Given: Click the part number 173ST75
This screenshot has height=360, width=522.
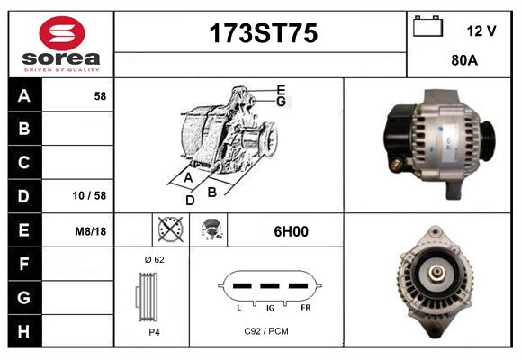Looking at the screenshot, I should pyautogui.click(x=263, y=33).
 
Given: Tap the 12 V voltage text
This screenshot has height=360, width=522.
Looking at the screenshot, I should pyautogui.click(x=481, y=31).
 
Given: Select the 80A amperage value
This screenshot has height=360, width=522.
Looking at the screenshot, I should pyautogui.click(x=463, y=62).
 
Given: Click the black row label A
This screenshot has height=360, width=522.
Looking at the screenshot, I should pyautogui.click(x=24, y=95).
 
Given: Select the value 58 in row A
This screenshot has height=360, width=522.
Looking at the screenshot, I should pyautogui.click(x=100, y=95).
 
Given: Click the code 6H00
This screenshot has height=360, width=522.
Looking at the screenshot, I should pyautogui.click(x=291, y=231).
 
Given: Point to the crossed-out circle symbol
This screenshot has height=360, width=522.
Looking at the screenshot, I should pyautogui.click(x=169, y=230).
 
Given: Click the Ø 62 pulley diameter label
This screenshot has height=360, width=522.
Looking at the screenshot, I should pyautogui.click(x=153, y=259).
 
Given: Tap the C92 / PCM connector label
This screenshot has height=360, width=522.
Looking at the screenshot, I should pyautogui.click(x=266, y=331).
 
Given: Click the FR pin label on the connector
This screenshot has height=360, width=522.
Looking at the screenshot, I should pyautogui.click(x=305, y=308).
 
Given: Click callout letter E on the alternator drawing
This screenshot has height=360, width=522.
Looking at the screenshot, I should pyautogui.click(x=281, y=89).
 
